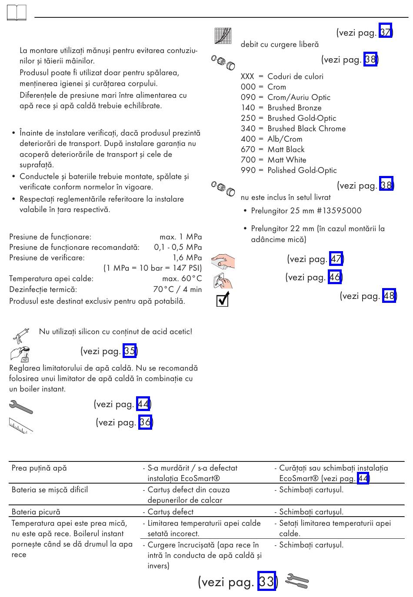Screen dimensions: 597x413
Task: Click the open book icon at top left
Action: point(17,13)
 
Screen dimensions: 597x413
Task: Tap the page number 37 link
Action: point(385,33)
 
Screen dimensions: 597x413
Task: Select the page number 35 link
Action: point(130,351)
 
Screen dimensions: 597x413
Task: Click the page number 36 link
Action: point(145,422)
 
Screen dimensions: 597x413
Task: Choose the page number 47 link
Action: point(336,259)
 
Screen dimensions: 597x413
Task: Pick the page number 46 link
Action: point(334,277)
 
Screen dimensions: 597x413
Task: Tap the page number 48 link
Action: point(389,296)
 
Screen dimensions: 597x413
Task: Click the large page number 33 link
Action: point(266,581)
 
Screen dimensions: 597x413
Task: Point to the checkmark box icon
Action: point(223,299)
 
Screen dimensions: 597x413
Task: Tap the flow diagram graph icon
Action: point(223,36)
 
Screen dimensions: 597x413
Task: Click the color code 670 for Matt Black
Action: point(248,149)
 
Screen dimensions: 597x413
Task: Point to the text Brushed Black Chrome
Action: point(306,129)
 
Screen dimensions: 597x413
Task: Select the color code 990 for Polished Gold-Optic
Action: point(248,170)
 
